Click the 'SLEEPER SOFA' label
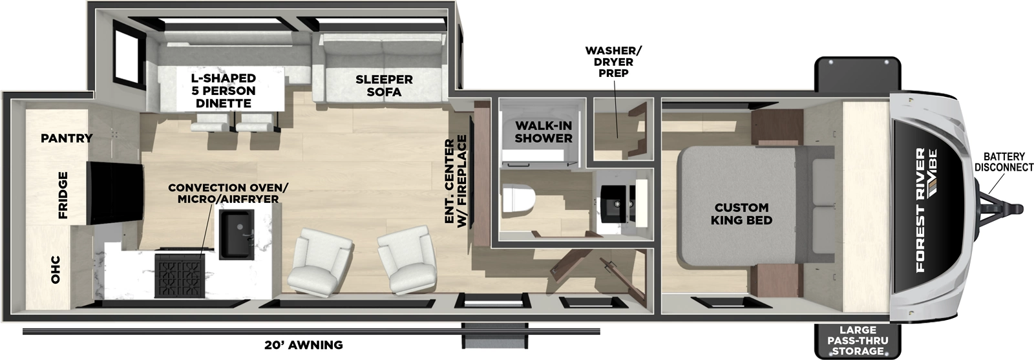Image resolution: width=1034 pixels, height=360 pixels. click(x=384, y=85)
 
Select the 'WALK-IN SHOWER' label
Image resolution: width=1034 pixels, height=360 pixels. click(x=543, y=132)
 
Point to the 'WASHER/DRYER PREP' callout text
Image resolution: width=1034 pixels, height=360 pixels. click(x=614, y=61)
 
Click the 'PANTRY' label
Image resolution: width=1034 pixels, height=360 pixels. click(x=67, y=138)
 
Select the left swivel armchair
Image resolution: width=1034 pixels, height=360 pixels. click(x=321, y=259)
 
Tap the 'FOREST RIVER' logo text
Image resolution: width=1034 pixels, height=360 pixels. click(x=922, y=209)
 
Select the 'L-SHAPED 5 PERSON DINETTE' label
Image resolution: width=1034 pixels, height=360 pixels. click(x=223, y=90)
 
